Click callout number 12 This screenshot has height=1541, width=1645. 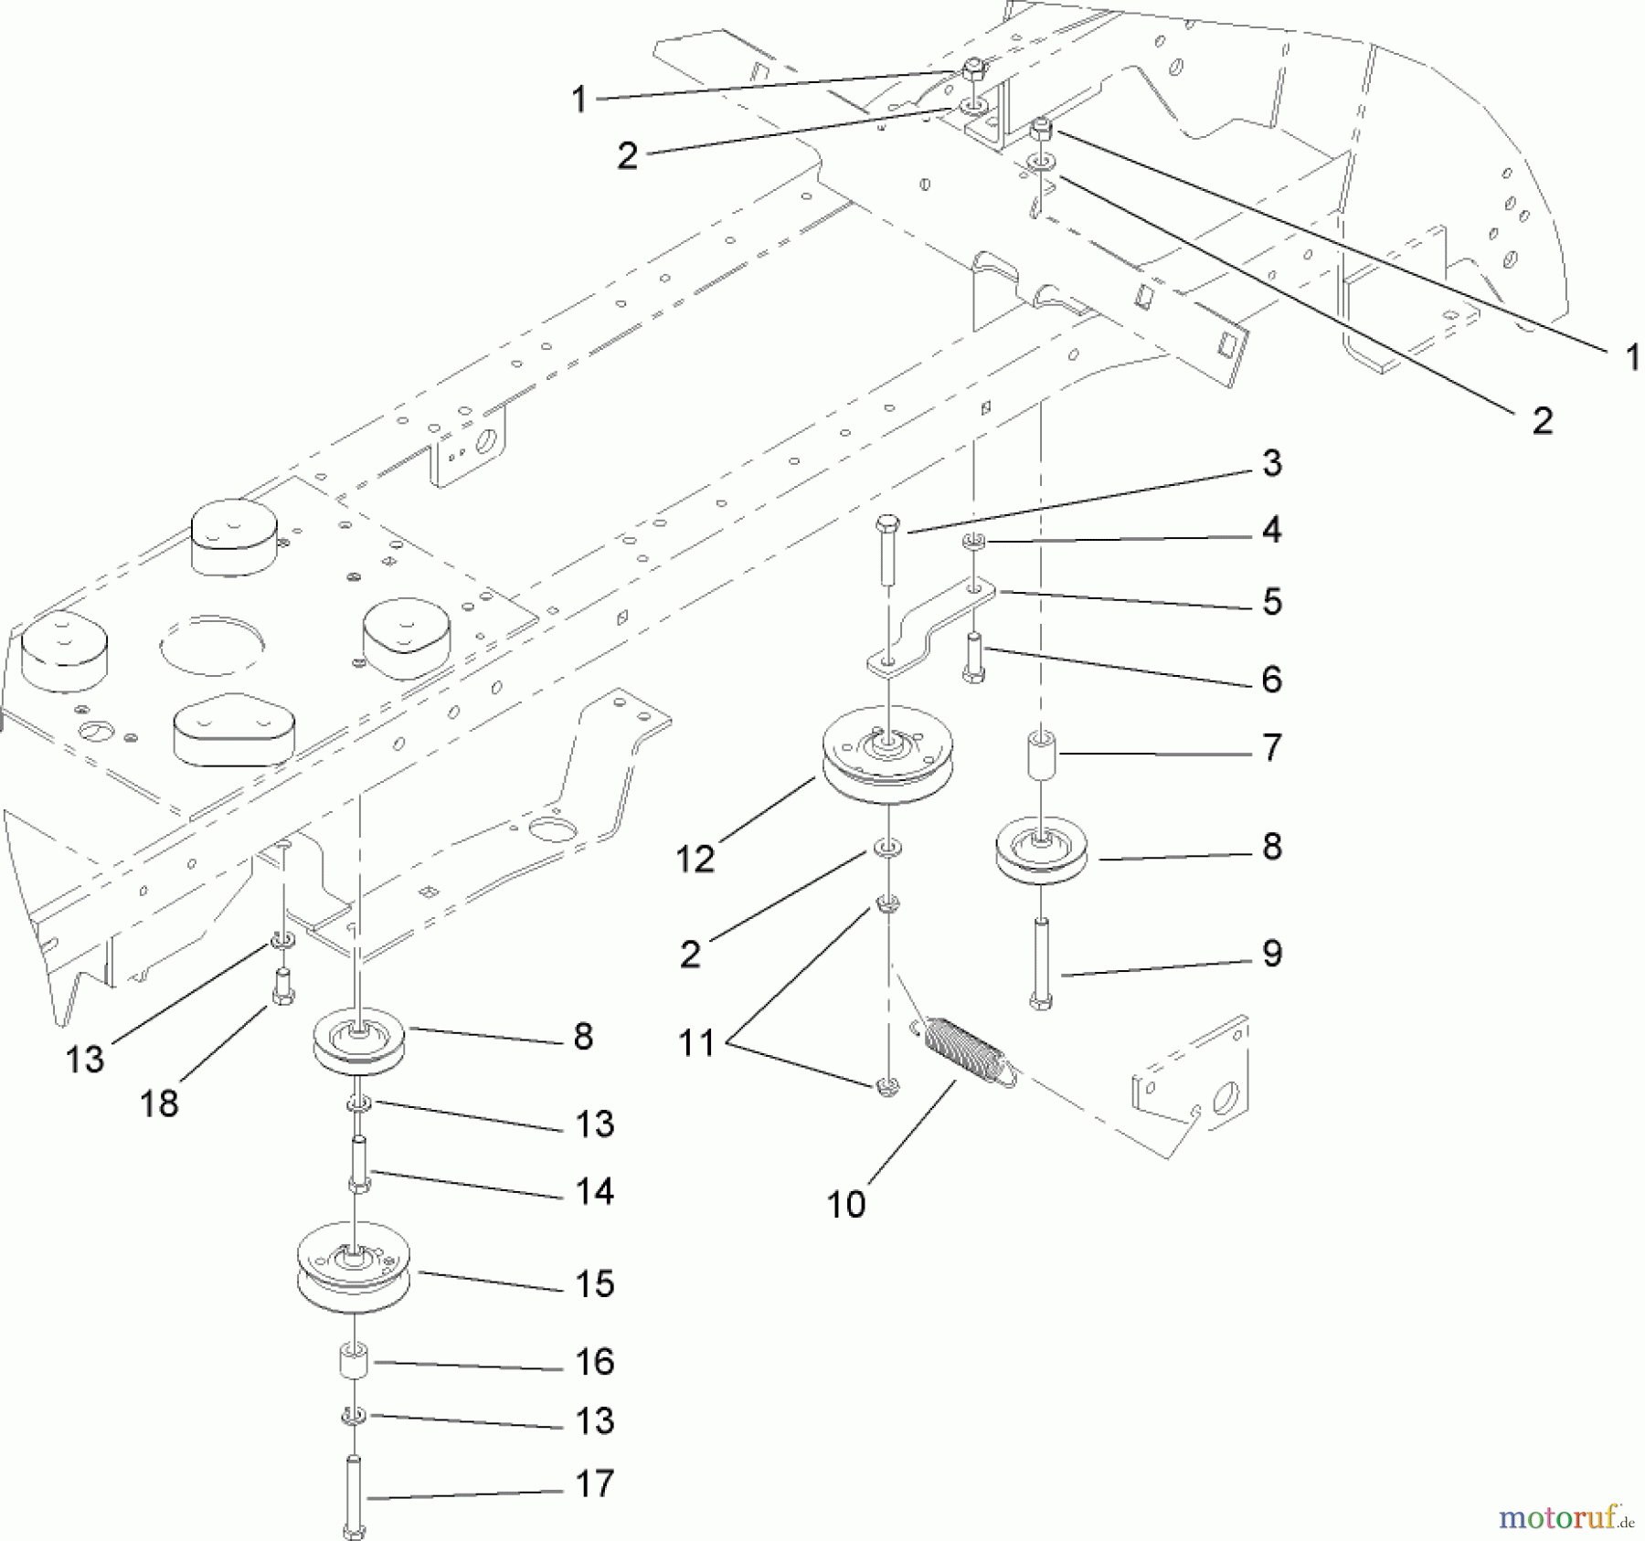pyautogui.click(x=695, y=859)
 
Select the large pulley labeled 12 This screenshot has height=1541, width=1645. pyautogui.click(x=887, y=757)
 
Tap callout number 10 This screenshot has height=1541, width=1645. pyautogui.click(x=845, y=1204)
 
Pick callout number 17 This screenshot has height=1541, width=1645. pyautogui.click(x=594, y=1483)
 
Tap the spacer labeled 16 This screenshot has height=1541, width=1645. pyautogui.click(x=354, y=1361)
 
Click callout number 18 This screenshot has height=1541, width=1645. pyautogui.click(x=159, y=1103)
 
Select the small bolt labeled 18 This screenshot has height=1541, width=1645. pyautogui.click(x=283, y=987)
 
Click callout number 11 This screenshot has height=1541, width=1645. pyautogui.click(x=696, y=1042)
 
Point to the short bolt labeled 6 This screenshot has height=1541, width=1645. pyautogui.click(x=974, y=658)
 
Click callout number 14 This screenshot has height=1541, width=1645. pyautogui.click(x=594, y=1191)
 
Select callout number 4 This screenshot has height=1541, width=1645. pyautogui.click(x=1271, y=530)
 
